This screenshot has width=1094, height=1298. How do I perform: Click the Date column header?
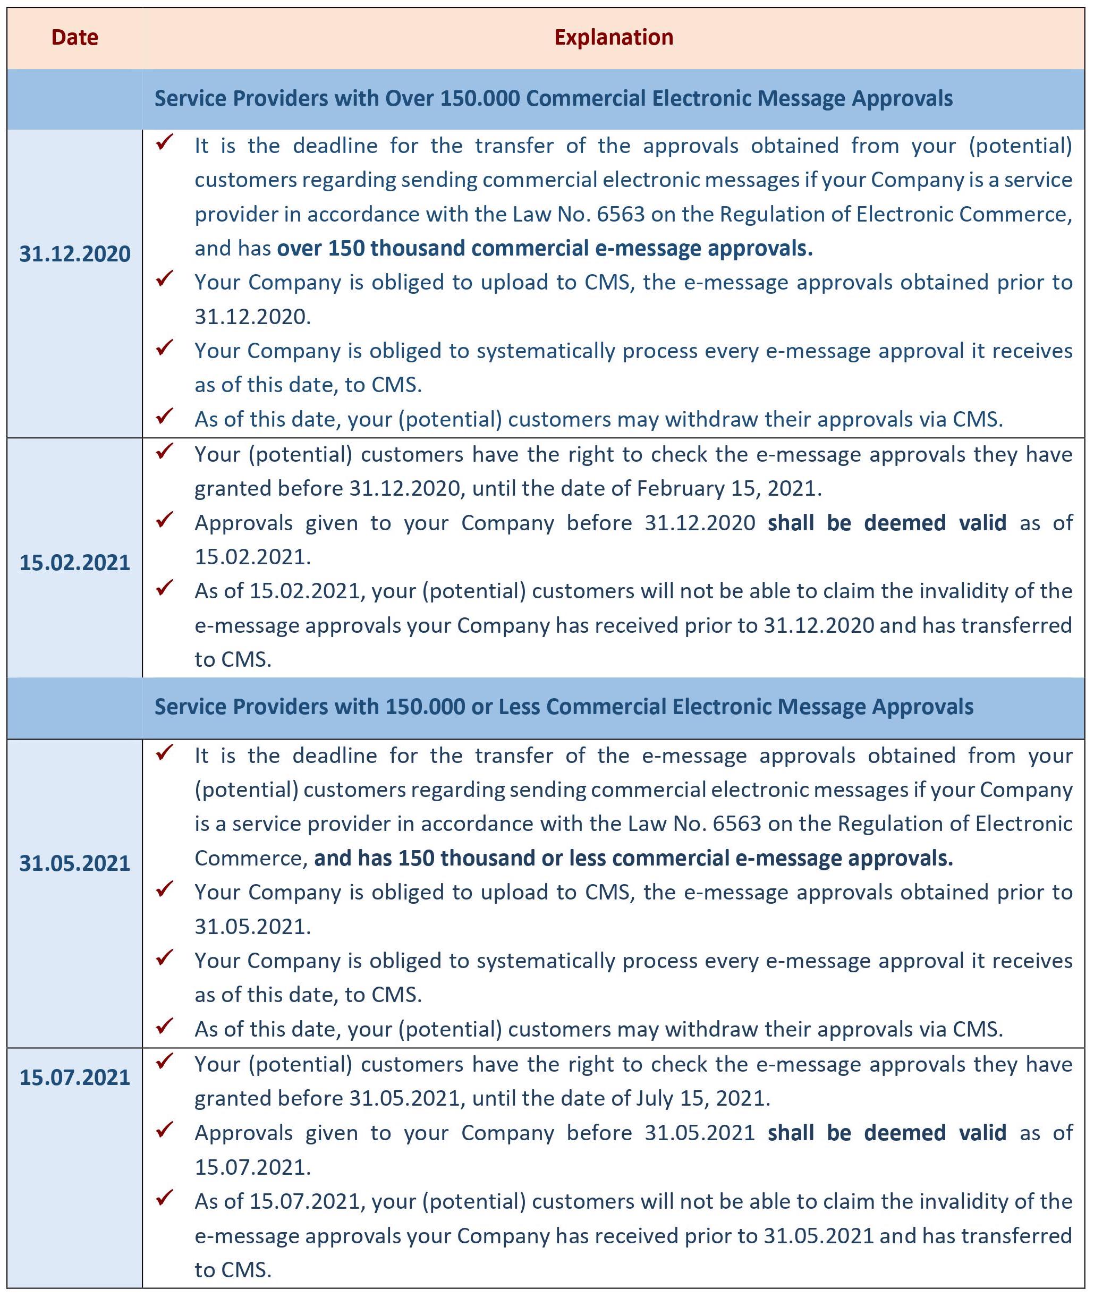coord(74,38)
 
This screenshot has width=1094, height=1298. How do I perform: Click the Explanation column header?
coord(613,38)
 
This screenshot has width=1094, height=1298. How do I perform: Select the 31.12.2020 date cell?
coord(74,253)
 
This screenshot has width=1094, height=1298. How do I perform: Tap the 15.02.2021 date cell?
coord(74,563)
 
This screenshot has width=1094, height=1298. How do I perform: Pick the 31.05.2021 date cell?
coord(74,863)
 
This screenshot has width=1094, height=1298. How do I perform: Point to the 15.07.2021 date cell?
coord(74,1077)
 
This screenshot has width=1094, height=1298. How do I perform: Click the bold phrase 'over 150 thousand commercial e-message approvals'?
coord(545,248)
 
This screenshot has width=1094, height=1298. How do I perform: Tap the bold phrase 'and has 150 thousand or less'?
coord(633,858)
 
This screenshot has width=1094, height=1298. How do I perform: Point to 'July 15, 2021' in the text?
coord(701,1098)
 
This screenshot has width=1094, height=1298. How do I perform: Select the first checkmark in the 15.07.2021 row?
coord(164,1062)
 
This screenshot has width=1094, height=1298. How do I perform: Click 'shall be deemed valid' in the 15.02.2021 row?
coord(886,523)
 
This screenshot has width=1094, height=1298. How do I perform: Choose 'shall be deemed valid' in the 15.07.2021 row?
coord(886,1132)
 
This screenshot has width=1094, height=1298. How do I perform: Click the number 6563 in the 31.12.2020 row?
coord(621,214)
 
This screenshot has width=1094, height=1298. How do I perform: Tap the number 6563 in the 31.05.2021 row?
coord(736,824)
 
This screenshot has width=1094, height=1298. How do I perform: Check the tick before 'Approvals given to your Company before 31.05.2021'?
coord(164,1130)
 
